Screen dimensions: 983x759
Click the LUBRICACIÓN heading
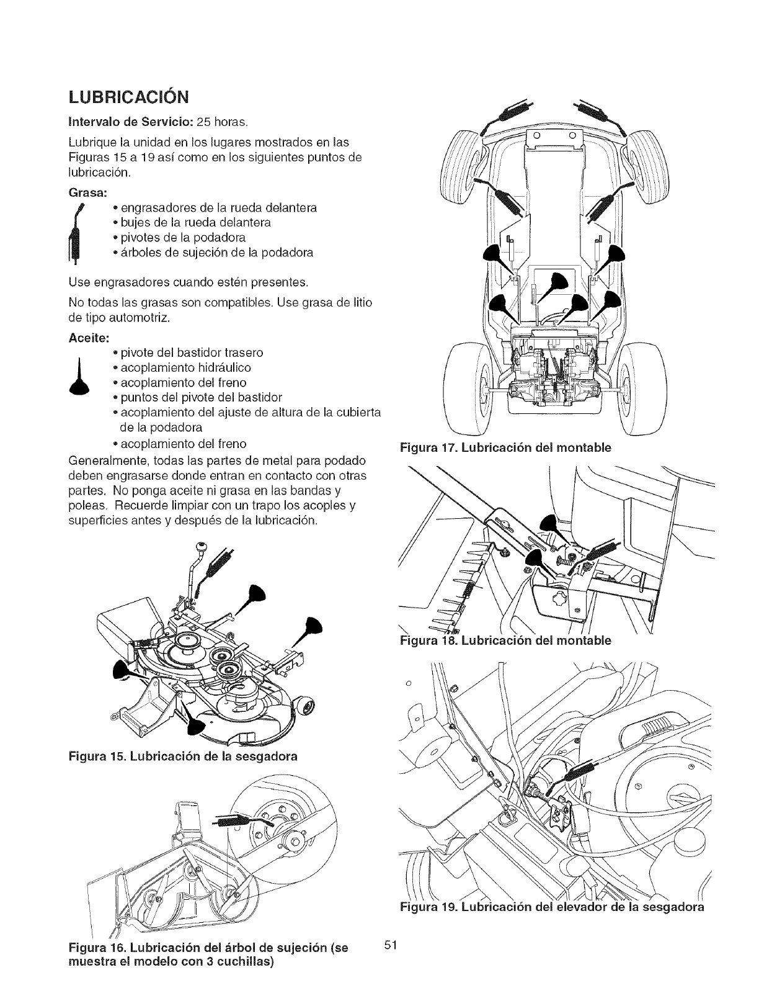pyautogui.click(x=128, y=99)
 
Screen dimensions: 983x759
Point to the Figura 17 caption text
pyautogui.click(x=506, y=447)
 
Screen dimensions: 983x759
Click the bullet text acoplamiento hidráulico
pyautogui.click(x=182, y=367)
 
